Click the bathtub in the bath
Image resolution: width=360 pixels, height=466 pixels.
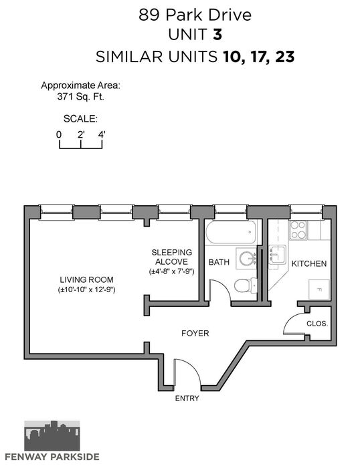coord(231,232)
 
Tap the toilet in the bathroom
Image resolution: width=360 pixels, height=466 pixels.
coord(246,285)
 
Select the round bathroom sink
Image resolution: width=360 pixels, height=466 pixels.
coord(247,259)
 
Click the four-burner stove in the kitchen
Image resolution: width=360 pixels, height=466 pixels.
coord(298,230)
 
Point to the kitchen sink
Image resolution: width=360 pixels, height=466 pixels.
coord(277,255)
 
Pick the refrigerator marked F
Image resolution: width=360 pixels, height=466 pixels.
coord(319,289)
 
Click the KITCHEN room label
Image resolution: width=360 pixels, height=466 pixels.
coord(309,263)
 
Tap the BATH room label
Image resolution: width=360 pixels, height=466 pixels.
coord(219,262)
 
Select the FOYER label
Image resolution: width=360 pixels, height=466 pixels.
coord(195,333)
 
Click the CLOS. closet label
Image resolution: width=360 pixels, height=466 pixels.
coord(317,324)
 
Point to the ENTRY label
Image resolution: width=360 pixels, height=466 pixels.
coord(187,398)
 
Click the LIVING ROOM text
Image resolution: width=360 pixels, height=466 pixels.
coord(86,279)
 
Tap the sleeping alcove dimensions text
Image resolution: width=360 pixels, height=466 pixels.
coord(172,271)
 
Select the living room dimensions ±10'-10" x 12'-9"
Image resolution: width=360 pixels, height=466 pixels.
coord(86,289)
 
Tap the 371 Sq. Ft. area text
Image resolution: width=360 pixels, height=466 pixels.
coord(80,96)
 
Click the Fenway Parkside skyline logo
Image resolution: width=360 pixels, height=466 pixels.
coord(52,436)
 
